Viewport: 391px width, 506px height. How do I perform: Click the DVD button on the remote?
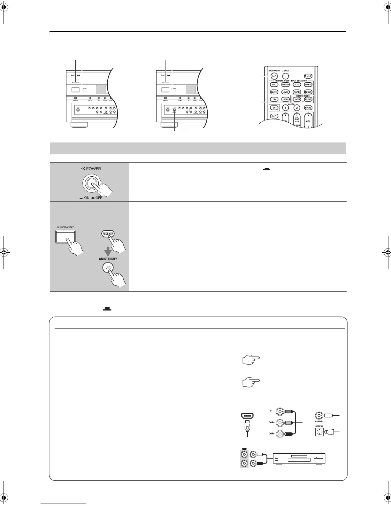point(274,85)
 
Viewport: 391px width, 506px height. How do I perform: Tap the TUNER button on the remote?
point(308,92)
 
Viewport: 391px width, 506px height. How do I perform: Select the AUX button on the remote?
point(286,92)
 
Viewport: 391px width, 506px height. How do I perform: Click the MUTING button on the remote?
point(308,108)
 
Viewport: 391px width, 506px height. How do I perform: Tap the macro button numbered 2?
point(297,108)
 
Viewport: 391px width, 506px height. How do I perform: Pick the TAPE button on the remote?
point(297,92)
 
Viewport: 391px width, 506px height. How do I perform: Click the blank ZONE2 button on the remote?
point(286,76)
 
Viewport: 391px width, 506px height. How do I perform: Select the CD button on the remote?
point(274,99)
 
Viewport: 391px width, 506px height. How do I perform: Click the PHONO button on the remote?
point(286,99)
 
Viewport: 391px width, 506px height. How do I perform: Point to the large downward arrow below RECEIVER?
point(110,251)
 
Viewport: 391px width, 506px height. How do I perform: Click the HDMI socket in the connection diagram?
point(247,416)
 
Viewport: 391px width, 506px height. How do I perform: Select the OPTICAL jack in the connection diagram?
point(319,433)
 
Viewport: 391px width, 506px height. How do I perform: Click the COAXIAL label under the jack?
point(319,421)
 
